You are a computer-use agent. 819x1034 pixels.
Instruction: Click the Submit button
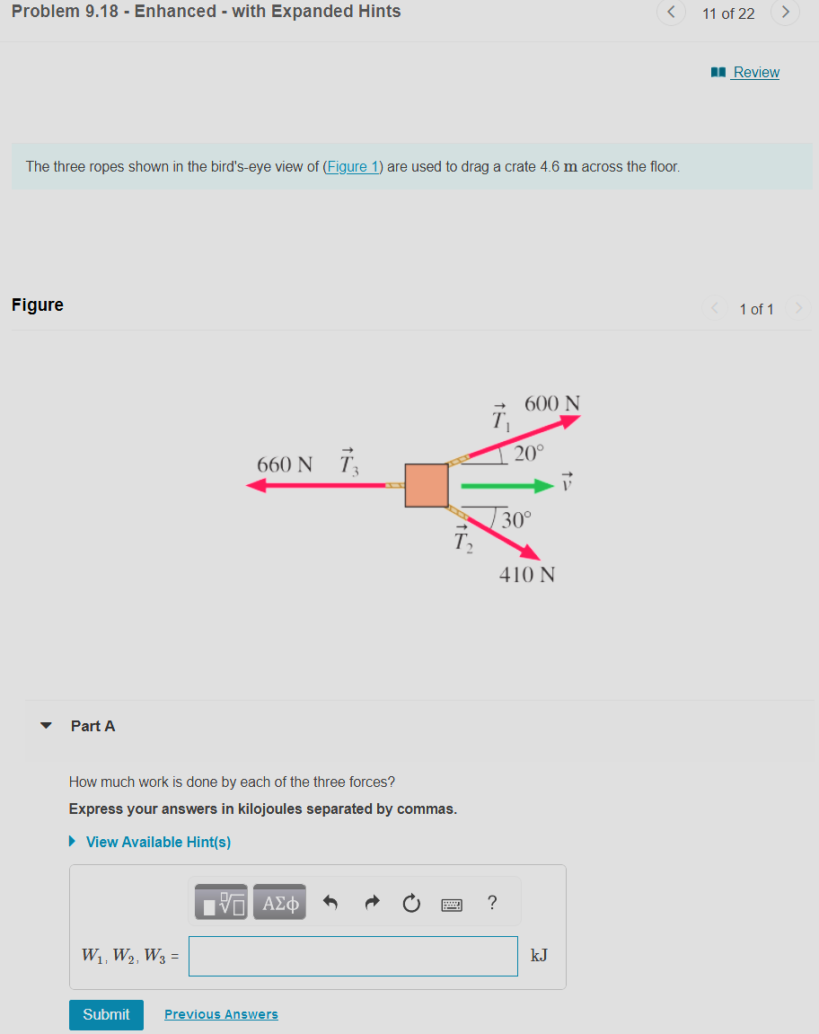pos(106,1014)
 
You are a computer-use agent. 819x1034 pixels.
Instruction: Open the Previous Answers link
pos(221,1014)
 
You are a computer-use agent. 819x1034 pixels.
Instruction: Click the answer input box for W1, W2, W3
pos(353,956)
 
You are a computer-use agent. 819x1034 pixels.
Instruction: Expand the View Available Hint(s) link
pos(158,842)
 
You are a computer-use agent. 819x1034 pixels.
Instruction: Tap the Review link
pos(755,72)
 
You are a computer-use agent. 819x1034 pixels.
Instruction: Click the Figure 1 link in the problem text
pos(353,166)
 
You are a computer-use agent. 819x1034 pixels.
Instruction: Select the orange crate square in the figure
pos(427,485)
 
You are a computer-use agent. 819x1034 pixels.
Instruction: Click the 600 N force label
pos(551,404)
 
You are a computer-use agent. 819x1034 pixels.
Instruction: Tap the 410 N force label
pos(527,574)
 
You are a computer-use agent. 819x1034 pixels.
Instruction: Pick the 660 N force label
pos(285,464)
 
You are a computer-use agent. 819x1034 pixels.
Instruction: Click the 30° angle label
pos(516,519)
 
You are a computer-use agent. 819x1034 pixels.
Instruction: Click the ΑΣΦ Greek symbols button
pos(280,903)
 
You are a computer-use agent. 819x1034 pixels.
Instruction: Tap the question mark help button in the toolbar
pos(492,903)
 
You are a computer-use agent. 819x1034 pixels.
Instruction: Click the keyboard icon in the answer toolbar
pos(451,904)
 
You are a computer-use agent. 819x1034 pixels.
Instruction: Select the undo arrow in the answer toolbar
pos(330,903)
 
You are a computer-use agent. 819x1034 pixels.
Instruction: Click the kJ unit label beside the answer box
pos(539,956)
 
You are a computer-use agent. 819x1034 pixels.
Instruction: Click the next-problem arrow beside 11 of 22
pos(785,13)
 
